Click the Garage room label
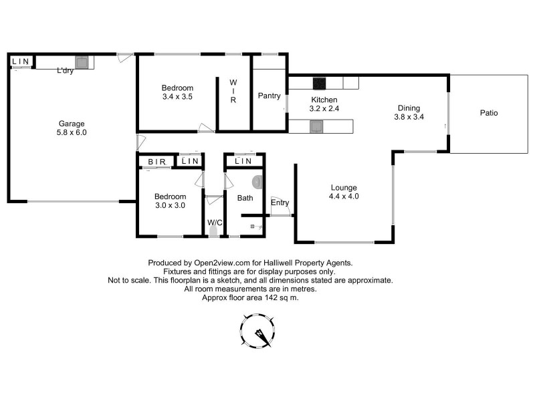point(72,123)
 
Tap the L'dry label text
point(65,71)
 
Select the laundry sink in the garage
point(82,63)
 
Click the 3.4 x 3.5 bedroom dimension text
point(177,97)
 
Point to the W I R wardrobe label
point(233,92)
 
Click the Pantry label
point(269,96)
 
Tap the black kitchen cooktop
point(320,84)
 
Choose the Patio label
point(489,113)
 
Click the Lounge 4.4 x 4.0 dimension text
point(344,196)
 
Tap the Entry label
point(280,203)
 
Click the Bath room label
point(245,198)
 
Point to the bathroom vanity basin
point(257,182)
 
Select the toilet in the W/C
point(213,231)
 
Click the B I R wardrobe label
point(157,161)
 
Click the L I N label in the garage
point(21,61)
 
